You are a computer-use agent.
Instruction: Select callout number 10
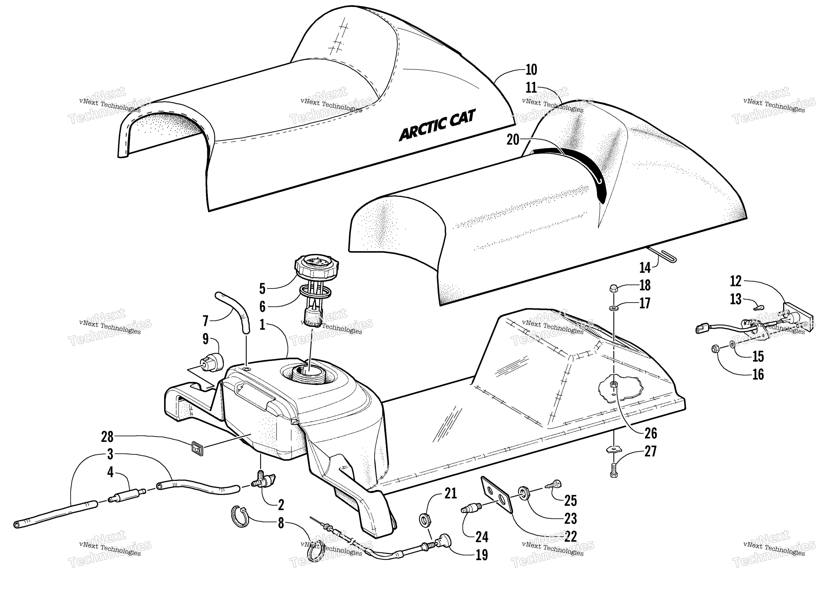(x=531, y=69)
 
